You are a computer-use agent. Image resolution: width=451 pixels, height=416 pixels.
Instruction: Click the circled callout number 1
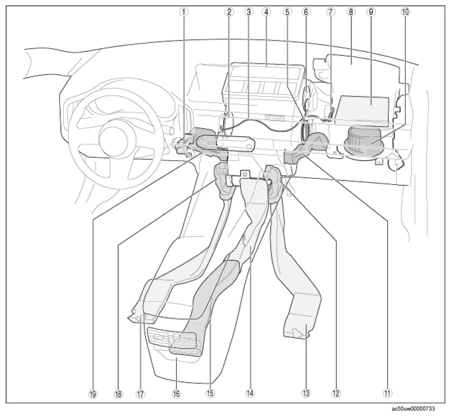[184, 12]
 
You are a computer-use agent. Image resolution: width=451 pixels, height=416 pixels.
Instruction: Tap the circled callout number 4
[266, 12]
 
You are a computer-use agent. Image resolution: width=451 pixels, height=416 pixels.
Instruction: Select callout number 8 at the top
[351, 12]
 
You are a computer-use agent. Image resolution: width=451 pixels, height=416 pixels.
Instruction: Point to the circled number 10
[405, 12]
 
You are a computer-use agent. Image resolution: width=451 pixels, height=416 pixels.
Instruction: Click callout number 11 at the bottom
[387, 393]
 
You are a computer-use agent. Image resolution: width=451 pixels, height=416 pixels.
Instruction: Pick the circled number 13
[306, 393]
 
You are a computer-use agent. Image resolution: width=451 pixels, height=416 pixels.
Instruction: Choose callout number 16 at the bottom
[177, 393]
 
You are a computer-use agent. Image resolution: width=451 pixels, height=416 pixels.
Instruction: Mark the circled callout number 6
[306, 12]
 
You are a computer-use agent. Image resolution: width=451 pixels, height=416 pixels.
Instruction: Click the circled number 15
[210, 393]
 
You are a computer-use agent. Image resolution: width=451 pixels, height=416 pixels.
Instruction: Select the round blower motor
[363, 141]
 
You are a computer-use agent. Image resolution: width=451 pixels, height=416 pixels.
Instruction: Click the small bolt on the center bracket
[245, 173]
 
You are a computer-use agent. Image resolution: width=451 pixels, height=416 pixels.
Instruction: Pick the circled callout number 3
[249, 12]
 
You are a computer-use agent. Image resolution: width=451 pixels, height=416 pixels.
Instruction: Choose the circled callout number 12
[336, 393]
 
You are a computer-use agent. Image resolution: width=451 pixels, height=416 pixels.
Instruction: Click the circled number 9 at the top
[370, 12]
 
